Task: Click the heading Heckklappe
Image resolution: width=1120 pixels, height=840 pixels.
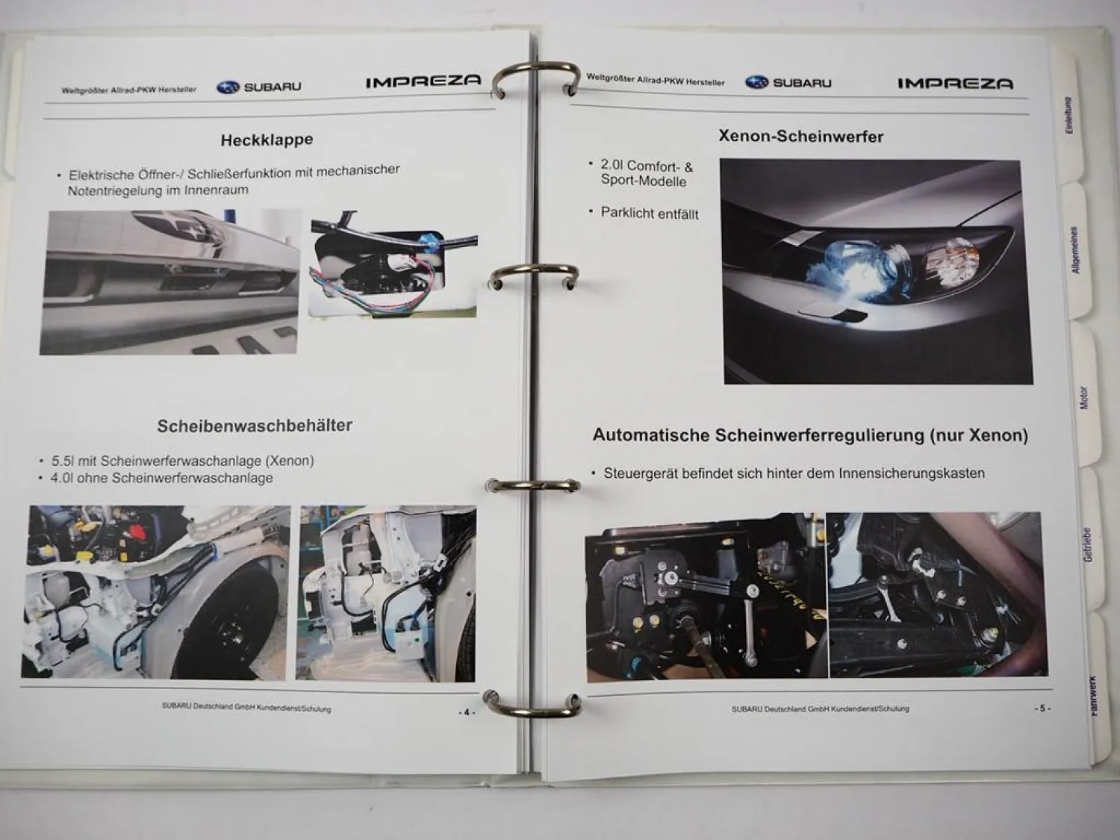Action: (x=267, y=140)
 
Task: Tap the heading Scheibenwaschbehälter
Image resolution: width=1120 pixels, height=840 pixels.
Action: (x=255, y=426)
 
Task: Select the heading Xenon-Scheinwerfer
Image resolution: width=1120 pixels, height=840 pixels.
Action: (x=800, y=136)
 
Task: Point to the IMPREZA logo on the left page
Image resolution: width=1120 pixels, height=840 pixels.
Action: (x=423, y=81)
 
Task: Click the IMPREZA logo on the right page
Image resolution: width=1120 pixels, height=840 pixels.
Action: (x=955, y=83)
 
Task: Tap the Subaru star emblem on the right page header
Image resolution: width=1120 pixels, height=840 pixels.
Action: (x=756, y=82)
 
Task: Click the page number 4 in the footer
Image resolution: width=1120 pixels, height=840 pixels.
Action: (x=466, y=712)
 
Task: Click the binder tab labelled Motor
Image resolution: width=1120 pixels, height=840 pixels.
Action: (x=1084, y=397)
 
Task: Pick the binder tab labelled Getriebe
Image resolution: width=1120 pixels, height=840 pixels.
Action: (x=1087, y=545)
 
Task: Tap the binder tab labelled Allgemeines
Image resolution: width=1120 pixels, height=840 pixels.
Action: (x=1075, y=250)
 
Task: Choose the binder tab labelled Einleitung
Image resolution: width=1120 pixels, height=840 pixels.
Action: (x=1069, y=116)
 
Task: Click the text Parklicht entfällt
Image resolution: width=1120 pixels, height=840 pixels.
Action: (x=650, y=214)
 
